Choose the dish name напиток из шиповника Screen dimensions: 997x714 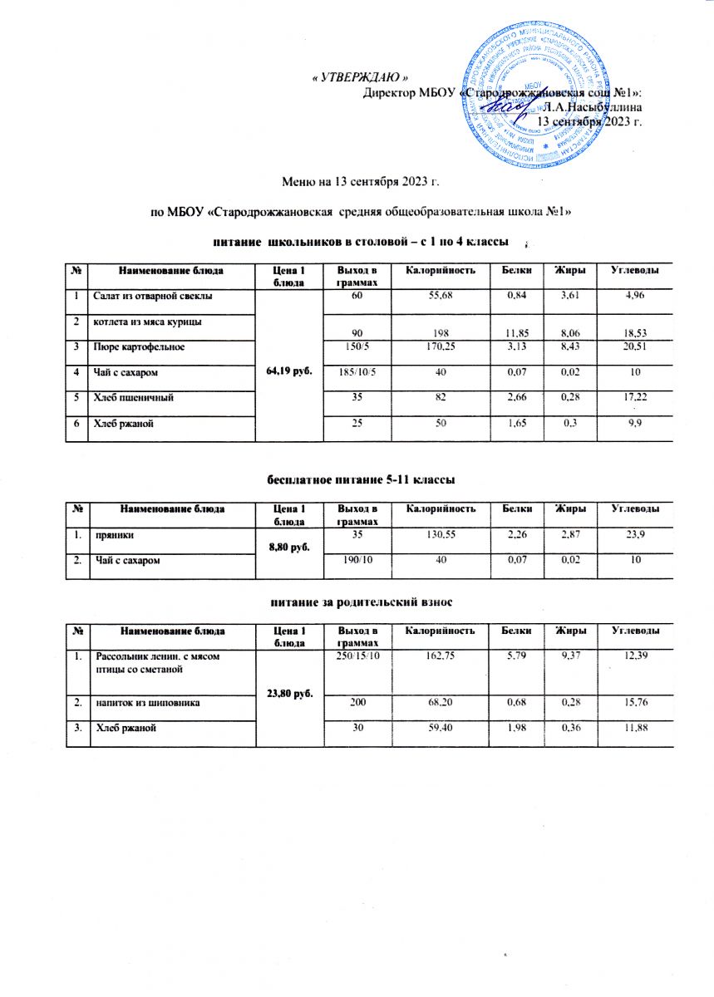(147, 703)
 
